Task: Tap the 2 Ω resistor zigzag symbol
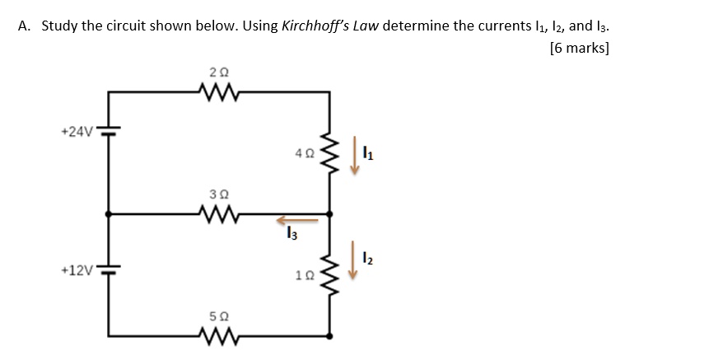coord(218,92)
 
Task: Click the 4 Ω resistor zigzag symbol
coord(330,152)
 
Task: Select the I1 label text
coord(369,151)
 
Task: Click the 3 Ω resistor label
coord(218,194)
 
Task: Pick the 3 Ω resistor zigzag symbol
coord(218,214)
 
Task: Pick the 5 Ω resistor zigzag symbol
coord(218,336)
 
